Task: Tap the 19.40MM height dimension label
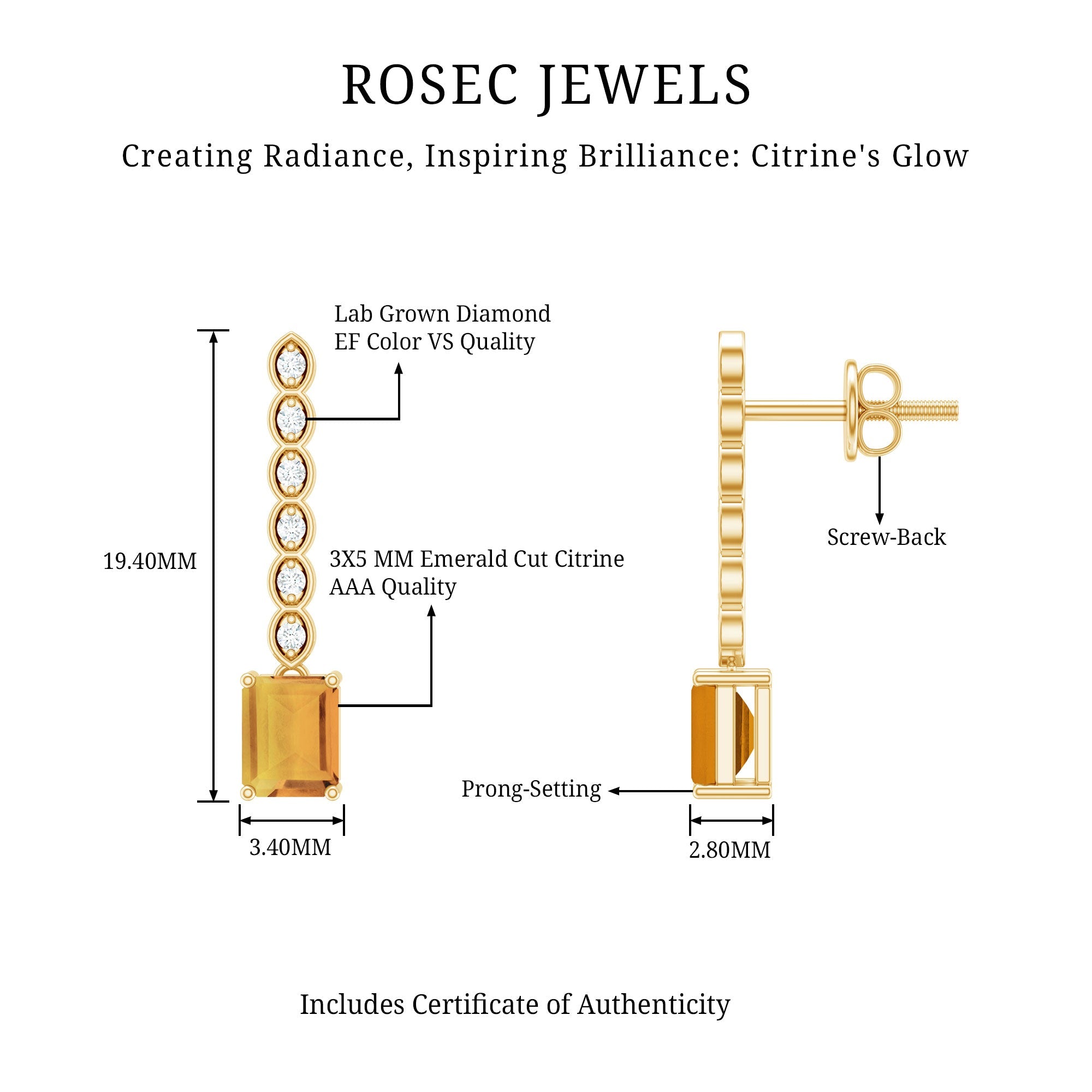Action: click(x=150, y=561)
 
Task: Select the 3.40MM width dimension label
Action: click(x=290, y=847)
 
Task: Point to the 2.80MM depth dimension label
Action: click(x=729, y=850)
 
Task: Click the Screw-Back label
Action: click(x=886, y=537)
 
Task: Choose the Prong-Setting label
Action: click(x=531, y=789)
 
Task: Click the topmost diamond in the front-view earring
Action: click(x=291, y=364)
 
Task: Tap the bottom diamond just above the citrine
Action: click(x=291, y=633)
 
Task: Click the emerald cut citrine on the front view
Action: click(x=290, y=735)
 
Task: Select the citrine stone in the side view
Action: click(x=705, y=735)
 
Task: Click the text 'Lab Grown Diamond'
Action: click(x=442, y=314)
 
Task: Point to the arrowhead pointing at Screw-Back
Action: click(x=879, y=518)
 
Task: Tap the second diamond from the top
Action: click(x=291, y=419)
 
